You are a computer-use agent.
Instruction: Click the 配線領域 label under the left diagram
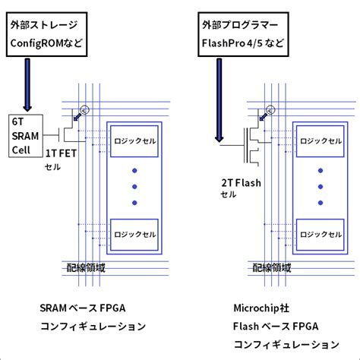(x=85, y=267)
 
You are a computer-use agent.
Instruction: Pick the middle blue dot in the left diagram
(x=134, y=186)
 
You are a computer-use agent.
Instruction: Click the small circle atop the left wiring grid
(x=87, y=109)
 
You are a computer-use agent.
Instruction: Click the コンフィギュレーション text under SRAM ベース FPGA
(x=92, y=327)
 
